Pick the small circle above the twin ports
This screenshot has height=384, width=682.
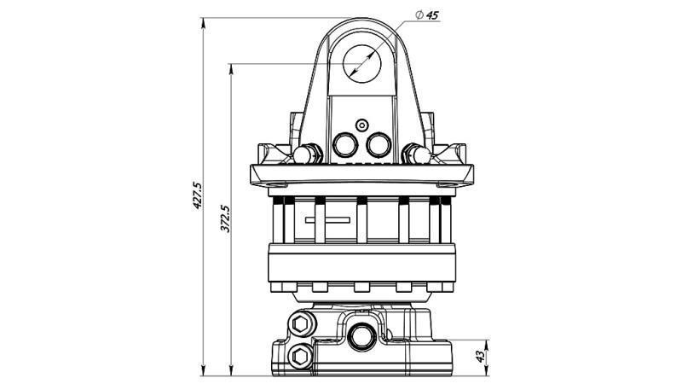(362, 124)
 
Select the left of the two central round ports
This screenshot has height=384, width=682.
(348, 146)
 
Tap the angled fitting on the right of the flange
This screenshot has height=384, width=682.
(417, 154)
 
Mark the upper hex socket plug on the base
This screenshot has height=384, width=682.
(301, 324)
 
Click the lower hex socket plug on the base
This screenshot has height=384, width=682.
(301, 354)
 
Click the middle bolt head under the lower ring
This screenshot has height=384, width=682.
(362, 287)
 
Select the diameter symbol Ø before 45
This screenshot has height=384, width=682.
(419, 15)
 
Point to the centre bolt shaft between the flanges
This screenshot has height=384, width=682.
(362, 220)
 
